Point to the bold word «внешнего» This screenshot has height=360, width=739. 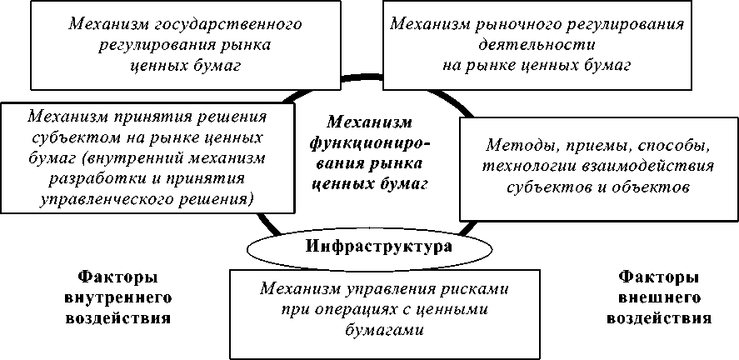(x=658, y=296)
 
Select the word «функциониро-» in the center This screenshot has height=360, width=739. (x=370, y=142)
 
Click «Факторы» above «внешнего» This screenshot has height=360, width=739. (x=658, y=275)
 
